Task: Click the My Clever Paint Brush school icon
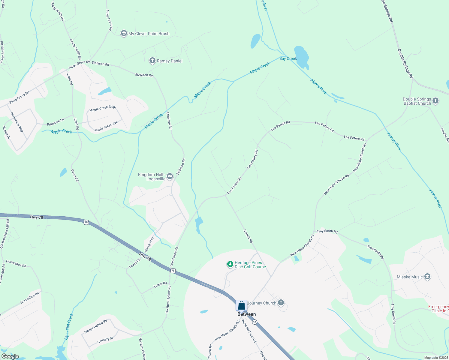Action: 124,33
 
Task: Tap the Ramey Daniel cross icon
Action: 152,61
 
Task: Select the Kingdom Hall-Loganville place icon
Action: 170,176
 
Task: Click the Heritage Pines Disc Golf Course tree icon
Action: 230,264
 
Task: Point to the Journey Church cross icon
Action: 281,302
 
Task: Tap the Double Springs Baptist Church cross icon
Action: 435,101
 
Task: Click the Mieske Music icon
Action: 427,277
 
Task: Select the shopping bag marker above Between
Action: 241,305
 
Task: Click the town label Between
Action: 247,314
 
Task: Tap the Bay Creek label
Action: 288,58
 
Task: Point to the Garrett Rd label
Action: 248,236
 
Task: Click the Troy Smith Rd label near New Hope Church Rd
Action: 327,231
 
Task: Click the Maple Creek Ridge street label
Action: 103,108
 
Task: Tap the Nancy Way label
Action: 149,244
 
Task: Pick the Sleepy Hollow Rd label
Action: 96,326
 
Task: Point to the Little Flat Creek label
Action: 69,326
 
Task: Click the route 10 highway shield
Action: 255,322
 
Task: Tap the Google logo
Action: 10,356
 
